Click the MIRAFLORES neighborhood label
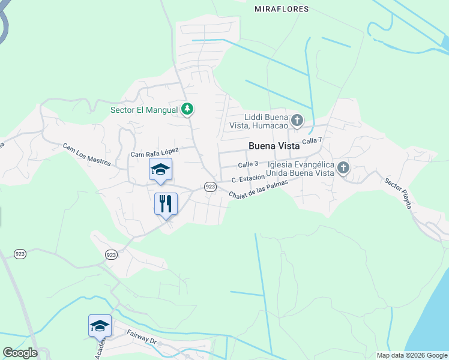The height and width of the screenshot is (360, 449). [x=281, y=9]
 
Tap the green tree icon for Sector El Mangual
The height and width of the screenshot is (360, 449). [x=188, y=109]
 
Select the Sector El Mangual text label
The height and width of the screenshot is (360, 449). [x=144, y=110]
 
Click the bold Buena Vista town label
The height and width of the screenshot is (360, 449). [x=274, y=146]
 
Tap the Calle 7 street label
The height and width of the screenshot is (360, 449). [x=312, y=141]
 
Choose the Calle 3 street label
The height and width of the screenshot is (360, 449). [x=248, y=164]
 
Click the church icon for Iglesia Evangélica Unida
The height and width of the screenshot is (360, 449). [x=343, y=168]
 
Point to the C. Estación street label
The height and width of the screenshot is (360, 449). [x=249, y=178]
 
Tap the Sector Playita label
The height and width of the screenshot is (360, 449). [x=398, y=193]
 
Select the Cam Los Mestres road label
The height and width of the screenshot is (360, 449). [x=86, y=154]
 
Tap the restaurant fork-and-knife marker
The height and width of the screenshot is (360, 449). [x=166, y=203]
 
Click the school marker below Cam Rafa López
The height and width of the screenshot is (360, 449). [x=160, y=169]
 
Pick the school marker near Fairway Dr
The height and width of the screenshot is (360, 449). [x=100, y=326]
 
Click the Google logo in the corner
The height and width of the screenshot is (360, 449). [x=20, y=353]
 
